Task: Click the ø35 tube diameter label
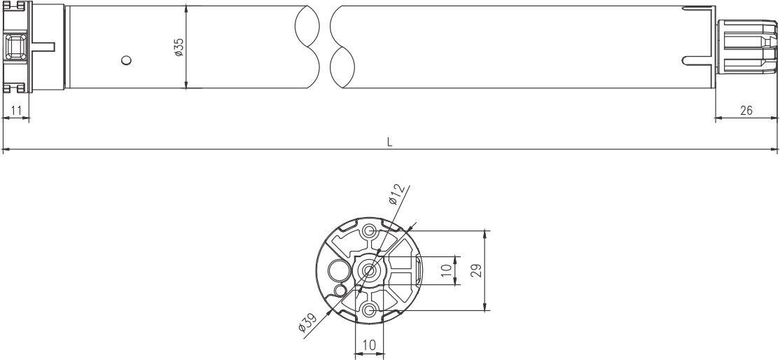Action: point(179,47)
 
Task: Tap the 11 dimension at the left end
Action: point(16,110)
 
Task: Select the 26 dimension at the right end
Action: point(746,110)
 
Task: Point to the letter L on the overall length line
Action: point(390,141)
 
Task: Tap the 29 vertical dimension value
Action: point(476,270)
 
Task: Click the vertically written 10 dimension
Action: point(446,270)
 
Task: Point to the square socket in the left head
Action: point(16,48)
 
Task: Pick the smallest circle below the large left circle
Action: point(341,290)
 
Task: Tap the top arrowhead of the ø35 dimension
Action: point(186,9)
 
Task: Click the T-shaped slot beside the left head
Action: point(42,47)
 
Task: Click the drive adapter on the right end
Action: point(748,47)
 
